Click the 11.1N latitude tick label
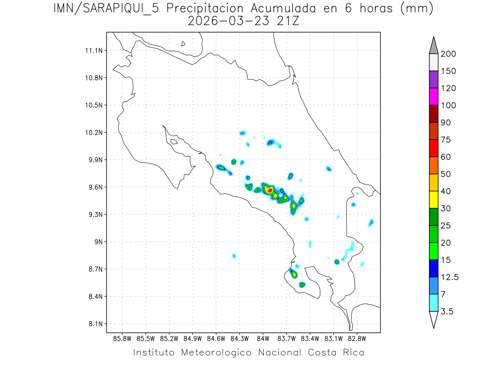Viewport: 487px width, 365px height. (93, 50)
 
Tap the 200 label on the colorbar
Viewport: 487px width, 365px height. (448, 54)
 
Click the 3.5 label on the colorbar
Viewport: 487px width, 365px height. (447, 311)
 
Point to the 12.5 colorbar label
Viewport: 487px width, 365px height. (449, 277)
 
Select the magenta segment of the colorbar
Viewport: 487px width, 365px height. (433, 97)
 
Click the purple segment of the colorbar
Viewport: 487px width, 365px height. (433, 79)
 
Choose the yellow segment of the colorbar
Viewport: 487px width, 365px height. (433, 200)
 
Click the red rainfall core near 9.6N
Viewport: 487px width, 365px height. (270, 190)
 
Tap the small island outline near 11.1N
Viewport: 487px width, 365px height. (183, 43)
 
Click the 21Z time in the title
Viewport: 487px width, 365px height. (287, 21)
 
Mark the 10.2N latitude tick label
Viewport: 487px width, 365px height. (93, 133)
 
